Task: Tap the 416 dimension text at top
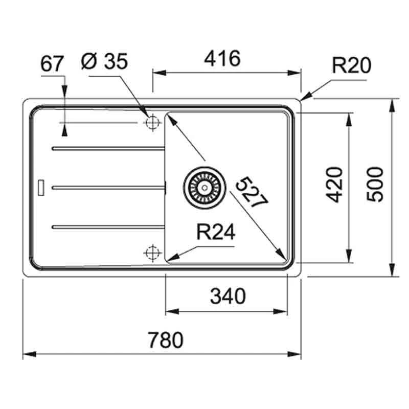pos(222,59)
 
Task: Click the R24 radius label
pos(215,233)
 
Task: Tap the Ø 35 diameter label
pos(105,62)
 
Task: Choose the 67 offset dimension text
pos(52,64)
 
